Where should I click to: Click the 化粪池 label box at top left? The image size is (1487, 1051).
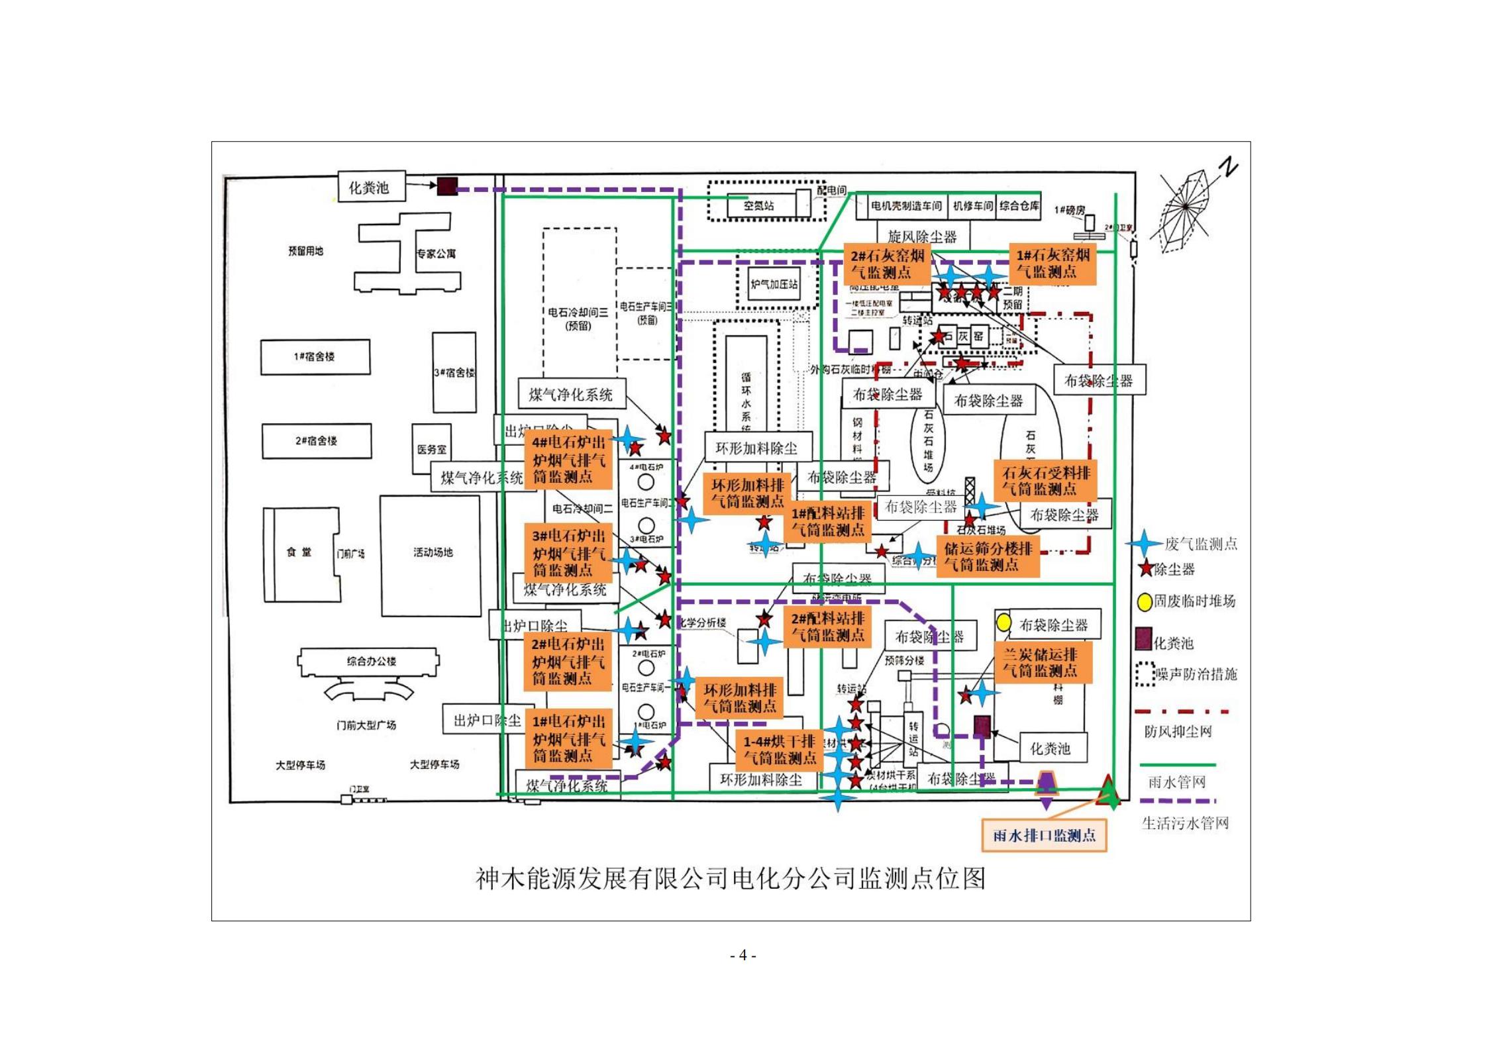coord(368,187)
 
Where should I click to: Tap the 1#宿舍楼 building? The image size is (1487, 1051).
coord(315,357)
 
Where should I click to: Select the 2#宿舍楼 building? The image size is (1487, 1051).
coord(316,441)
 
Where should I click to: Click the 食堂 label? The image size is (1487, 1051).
coord(299,552)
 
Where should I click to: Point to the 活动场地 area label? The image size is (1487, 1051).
coord(433,552)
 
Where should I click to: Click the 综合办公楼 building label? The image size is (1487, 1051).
coord(371,661)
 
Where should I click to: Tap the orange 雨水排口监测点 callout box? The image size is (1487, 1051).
coord(1044,836)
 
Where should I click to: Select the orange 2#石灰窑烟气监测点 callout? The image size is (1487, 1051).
coord(887,264)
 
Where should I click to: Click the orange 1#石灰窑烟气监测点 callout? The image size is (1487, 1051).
coord(1052,264)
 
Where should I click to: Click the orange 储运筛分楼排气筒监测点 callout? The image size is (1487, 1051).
coord(987,557)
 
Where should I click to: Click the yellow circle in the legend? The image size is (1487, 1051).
coord(1144,602)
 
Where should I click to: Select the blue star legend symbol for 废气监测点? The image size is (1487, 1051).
coord(1143,544)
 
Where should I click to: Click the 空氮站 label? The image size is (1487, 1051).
coord(758,206)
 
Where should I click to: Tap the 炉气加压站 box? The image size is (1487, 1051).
coord(774,285)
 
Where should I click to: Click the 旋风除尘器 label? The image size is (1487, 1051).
coord(922,236)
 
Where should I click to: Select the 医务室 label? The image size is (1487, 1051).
coord(431,450)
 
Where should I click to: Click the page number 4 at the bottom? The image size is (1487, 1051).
coord(743,956)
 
